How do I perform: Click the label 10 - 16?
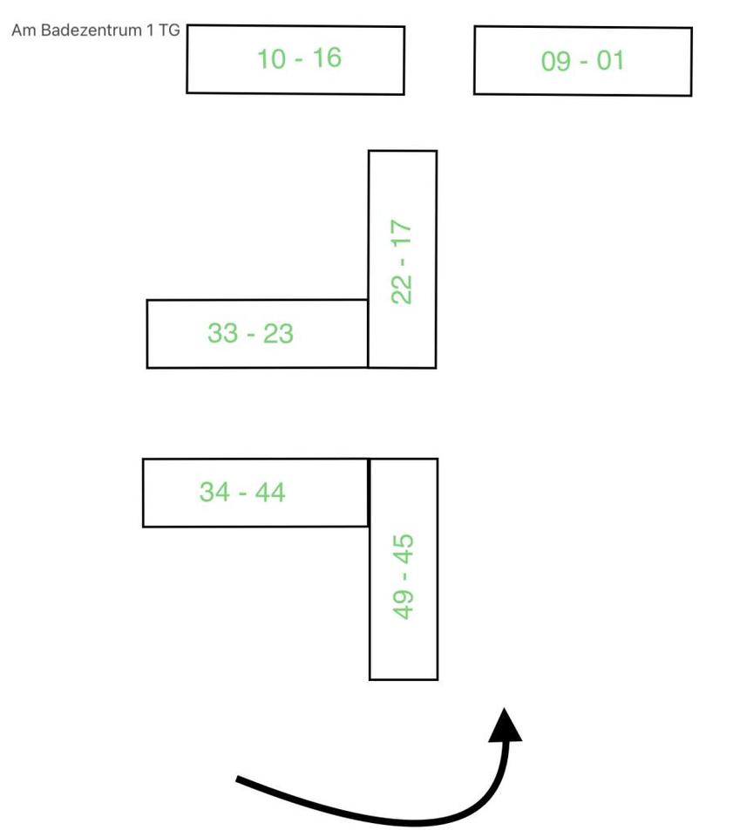(x=299, y=58)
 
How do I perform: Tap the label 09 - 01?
(x=582, y=61)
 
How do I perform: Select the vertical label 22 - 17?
(x=402, y=262)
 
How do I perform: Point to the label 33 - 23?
(x=250, y=333)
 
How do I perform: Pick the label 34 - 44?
(x=242, y=492)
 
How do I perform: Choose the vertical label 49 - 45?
(x=404, y=576)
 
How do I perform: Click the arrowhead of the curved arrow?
(x=505, y=725)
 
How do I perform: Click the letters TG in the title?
(x=169, y=31)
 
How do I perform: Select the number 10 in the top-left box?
(x=272, y=59)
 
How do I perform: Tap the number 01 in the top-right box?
(x=610, y=61)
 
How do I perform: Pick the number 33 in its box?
(x=223, y=333)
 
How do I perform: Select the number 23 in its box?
(x=277, y=333)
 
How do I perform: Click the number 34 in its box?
(x=214, y=492)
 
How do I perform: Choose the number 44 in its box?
(x=269, y=492)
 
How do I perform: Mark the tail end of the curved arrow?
(x=239, y=779)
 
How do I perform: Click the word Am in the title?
(x=22, y=31)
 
